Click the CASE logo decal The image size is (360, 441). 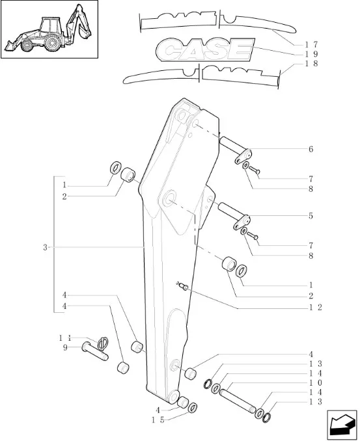(205, 50)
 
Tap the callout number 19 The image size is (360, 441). (311, 54)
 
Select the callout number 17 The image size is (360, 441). (311, 44)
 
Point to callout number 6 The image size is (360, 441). (311, 149)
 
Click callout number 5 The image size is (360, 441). (311, 216)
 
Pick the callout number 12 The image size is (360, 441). (315, 307)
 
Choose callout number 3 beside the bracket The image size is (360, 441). (45, 248)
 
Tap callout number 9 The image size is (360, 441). (65, 347)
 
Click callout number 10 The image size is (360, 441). (315, 382)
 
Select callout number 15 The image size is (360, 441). (158, 420)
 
